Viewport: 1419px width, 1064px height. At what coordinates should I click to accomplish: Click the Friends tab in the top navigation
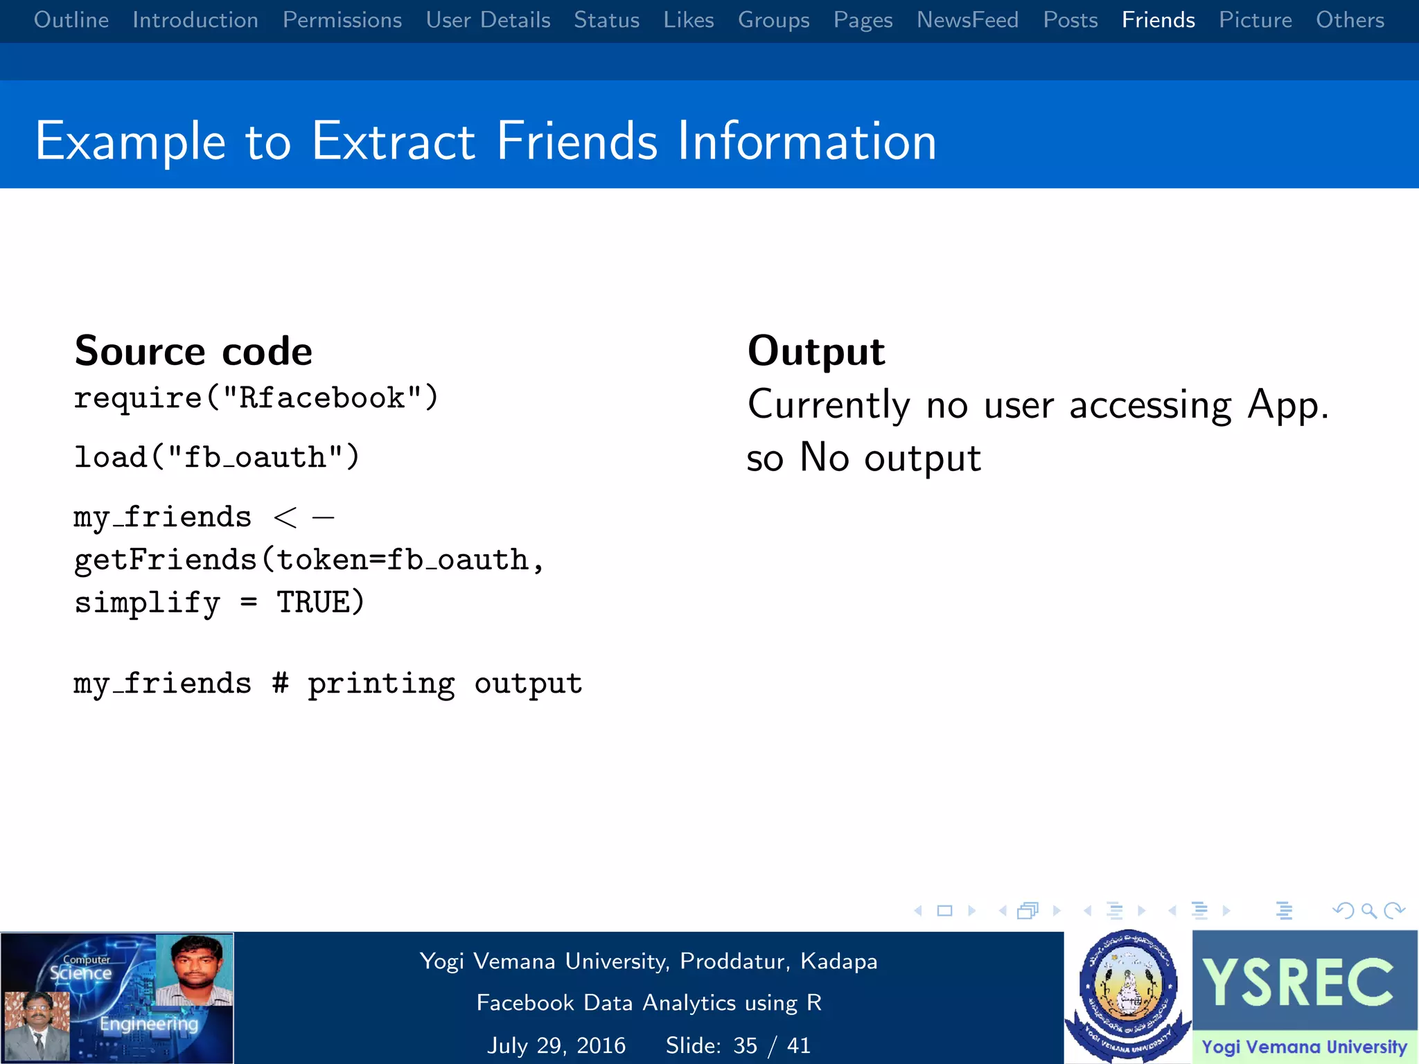coord(1158,20)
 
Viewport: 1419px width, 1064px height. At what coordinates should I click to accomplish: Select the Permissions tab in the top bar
coord(342,20)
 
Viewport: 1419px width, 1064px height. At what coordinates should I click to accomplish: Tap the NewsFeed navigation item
coord(967,20)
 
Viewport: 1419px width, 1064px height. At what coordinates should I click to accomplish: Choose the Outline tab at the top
coord(71,20)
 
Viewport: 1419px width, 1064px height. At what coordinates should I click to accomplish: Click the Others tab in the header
coord(1350,20)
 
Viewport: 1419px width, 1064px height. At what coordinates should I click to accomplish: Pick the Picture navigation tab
coord(1255,20)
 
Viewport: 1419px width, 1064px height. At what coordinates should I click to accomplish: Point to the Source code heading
coord(193,351)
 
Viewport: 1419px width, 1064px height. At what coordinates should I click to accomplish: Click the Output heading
coord(816,351)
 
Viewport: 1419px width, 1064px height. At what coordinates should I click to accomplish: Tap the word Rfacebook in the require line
coord(321,398)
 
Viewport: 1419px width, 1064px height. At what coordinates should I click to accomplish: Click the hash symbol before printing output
coord(280,683)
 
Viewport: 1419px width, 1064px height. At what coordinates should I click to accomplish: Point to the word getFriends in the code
coord(166,560)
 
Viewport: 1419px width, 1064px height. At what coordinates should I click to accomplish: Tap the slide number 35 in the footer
coord(745,1045)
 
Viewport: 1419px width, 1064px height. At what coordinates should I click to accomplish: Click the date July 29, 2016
coord(556,1045)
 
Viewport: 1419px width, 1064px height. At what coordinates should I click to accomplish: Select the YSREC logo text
coord(1298,982)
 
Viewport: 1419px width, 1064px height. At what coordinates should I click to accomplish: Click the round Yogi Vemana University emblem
coord(1127,991)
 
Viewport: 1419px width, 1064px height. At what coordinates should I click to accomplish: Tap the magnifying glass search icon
coord(1368,911)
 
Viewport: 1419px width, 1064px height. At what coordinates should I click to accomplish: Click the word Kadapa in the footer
coord(838,961)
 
